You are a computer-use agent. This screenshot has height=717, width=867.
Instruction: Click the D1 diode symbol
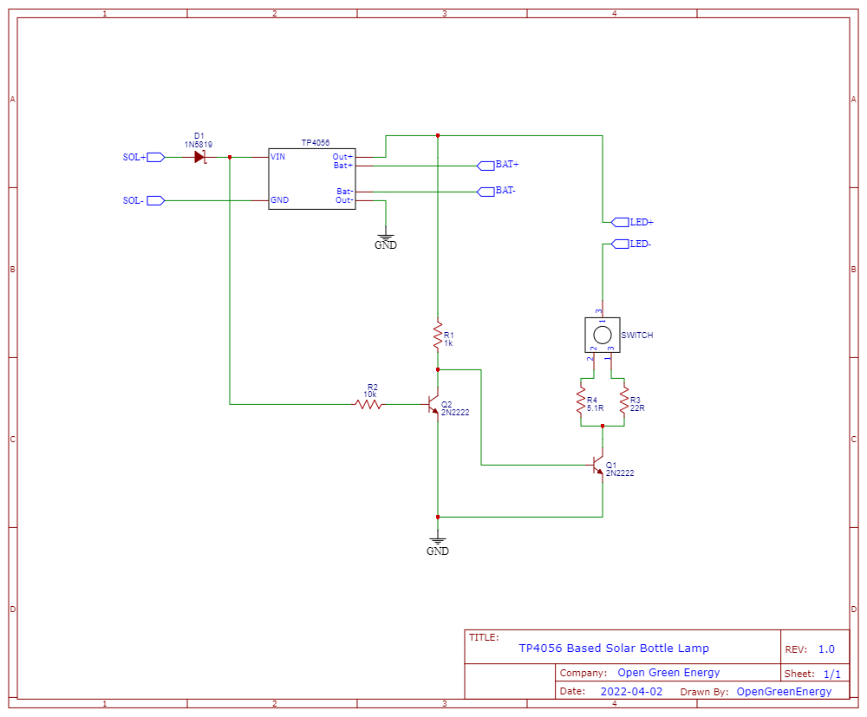pos(200,157)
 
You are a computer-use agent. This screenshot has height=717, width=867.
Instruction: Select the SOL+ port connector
pos(155,157)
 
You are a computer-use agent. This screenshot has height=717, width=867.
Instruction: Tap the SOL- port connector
pos(155,200)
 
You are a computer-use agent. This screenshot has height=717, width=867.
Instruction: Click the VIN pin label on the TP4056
pos(278,157)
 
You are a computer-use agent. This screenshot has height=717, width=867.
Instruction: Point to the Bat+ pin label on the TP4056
pos(343,166)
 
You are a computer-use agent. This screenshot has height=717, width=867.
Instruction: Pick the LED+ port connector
pos(620,222)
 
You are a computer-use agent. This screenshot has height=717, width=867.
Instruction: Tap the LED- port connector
pos(620,244)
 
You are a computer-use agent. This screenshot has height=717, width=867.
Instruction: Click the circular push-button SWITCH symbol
pos(601,334)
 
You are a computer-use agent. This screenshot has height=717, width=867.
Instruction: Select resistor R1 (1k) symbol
pos(438,337)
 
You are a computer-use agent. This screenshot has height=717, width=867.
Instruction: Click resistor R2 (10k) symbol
pos(369,404)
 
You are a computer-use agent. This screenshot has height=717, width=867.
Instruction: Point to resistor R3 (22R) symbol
pos(623,401)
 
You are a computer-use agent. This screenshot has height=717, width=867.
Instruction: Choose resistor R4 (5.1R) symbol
pos(580,401)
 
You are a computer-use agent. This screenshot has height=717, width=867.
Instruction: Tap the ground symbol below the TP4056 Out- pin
pos(386,236)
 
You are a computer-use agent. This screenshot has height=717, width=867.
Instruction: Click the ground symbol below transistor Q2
pos(438,542)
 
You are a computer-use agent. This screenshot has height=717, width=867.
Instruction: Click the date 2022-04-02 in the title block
pos(631,692)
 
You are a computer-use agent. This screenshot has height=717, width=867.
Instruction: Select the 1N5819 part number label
pos(199,144)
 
